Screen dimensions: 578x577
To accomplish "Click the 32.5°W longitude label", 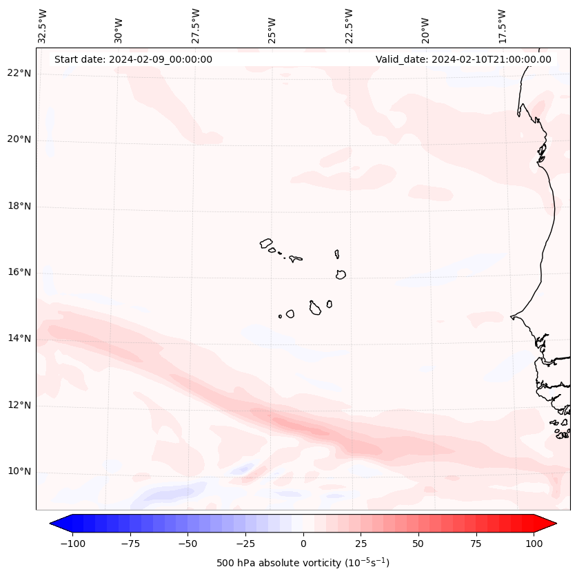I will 43,25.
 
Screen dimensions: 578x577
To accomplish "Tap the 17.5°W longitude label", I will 502,25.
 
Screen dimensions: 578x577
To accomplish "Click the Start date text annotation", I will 133,59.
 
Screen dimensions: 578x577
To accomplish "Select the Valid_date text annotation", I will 463,59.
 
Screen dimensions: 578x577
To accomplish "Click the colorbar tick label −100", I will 72,544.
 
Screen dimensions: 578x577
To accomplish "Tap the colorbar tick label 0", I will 303,544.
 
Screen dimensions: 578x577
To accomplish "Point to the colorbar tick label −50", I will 188,544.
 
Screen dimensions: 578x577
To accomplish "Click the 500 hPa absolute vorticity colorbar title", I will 303,563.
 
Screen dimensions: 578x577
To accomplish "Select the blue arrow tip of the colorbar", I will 57,524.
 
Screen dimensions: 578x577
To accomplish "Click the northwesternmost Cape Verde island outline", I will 266,243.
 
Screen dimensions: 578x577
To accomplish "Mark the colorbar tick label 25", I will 361,544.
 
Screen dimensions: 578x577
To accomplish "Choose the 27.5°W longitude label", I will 196,25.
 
